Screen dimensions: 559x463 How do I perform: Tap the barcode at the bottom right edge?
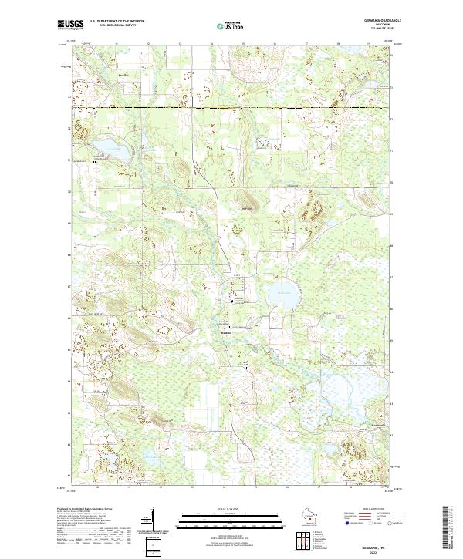(451, 528)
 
